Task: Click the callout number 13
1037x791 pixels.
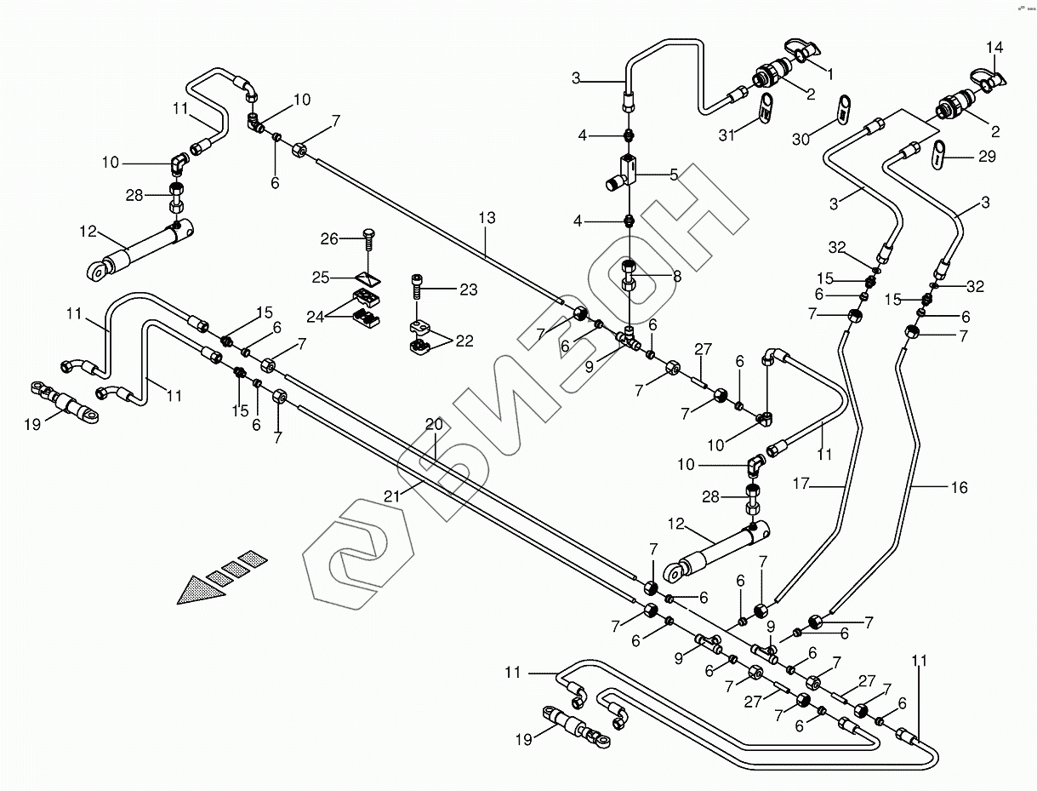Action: tap(486, 218)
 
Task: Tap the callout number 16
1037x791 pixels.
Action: tap(960, 488)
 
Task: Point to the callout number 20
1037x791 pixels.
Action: tap(434, 425)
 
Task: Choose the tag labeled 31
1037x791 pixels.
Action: tap(767, 108)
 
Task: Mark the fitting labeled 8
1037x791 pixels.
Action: tap(627, 274)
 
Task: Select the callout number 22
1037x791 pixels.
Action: tap(464, 341)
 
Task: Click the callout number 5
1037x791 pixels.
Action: tap(674, 175)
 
